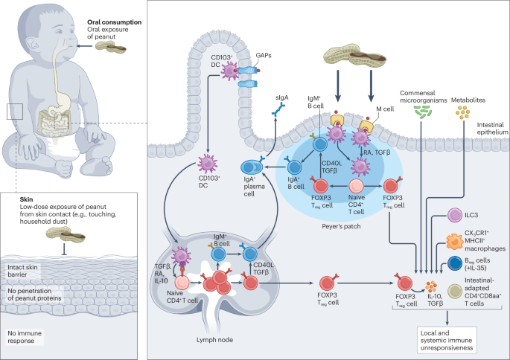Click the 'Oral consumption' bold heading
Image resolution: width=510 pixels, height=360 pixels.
coord(114,22)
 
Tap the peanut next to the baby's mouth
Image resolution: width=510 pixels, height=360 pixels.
coord(111,48)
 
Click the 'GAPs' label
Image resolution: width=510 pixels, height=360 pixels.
coord(264,56)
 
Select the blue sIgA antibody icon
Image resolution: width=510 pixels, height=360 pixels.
coord(278,109)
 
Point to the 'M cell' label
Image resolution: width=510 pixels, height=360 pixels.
coord(385,109)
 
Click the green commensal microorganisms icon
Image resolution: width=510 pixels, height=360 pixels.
coord(423,112)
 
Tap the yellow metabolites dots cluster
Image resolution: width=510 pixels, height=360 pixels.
coord(462,112)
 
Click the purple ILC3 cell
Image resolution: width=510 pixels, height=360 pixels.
coord(455,216)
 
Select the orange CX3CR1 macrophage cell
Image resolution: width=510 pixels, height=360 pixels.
coord(454,242)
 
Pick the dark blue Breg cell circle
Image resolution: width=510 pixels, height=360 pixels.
coord(455,264)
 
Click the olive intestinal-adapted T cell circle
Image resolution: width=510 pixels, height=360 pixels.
coord(455,292)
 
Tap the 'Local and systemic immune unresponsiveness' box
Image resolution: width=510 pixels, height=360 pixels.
coord(447,340)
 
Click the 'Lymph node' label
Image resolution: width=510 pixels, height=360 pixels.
coord(214,340)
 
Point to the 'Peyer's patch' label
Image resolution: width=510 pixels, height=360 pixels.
coord(341,226)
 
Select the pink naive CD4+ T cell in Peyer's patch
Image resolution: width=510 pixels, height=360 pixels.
coord(356,186)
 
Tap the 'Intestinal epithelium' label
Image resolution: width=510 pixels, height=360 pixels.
coord(492,129)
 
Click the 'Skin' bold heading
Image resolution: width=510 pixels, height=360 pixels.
coord(26,199)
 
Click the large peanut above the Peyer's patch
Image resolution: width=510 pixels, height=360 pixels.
coord(355,57)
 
